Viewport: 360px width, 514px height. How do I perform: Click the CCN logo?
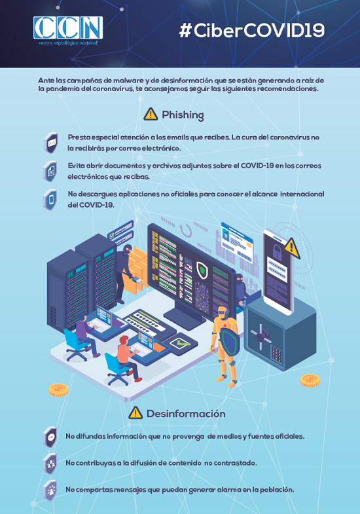click(68, 30)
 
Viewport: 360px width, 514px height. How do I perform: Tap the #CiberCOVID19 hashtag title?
click(251, 31)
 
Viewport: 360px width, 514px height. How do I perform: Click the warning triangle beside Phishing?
click(151, 114)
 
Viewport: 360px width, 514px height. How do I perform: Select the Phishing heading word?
click(183, 115)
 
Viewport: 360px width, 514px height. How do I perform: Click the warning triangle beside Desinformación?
click(135, 413)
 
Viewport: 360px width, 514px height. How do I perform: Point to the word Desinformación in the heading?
click(186, 414)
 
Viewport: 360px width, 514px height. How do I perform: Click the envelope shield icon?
click(51, 143)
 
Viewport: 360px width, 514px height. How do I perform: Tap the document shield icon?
click(50, 171)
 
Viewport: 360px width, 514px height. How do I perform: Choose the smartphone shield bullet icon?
click(50, 199)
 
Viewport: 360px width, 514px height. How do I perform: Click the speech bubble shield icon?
click(50, 437)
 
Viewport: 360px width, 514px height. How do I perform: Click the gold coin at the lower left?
click(58, 390)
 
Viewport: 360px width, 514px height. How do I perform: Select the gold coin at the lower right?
click(310, 380)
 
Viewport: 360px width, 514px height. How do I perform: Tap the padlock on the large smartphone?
click(277, 250)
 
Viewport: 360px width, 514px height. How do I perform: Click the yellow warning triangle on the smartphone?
click(292, 248)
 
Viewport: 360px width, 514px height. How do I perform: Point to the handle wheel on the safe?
click(261, 336)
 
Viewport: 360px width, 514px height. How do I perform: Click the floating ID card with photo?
click(237, 241)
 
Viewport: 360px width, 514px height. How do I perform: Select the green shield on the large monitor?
click(203, 270)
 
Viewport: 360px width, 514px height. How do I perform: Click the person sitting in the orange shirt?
click(128, 358)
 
